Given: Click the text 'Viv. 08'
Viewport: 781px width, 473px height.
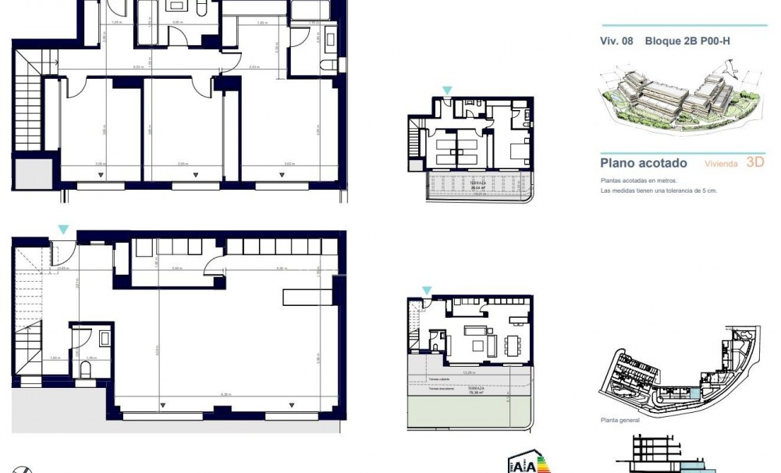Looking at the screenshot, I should (616, 41).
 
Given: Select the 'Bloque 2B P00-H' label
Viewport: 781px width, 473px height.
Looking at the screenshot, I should (687, 41).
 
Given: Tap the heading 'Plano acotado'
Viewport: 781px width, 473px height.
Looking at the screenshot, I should (644, 163).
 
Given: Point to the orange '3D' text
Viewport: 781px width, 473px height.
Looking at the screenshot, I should (754, 162).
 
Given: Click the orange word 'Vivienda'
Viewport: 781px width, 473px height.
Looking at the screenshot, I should (721, 164).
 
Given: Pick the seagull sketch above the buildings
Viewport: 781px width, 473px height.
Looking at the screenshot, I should (730, 72).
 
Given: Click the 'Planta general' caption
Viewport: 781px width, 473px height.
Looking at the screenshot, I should (619, 420).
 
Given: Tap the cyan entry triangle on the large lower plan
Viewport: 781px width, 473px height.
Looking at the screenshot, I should (63, 229).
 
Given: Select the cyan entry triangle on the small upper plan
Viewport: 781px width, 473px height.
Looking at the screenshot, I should (446, 91).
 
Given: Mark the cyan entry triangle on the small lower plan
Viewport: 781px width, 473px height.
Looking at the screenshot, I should (426, 290).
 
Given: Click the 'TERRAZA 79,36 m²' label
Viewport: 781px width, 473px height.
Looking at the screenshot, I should (476, 390).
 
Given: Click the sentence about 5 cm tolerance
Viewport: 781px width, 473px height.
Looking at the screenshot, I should (659, 190).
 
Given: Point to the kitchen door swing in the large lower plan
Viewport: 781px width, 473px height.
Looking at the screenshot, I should (212, 269).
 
